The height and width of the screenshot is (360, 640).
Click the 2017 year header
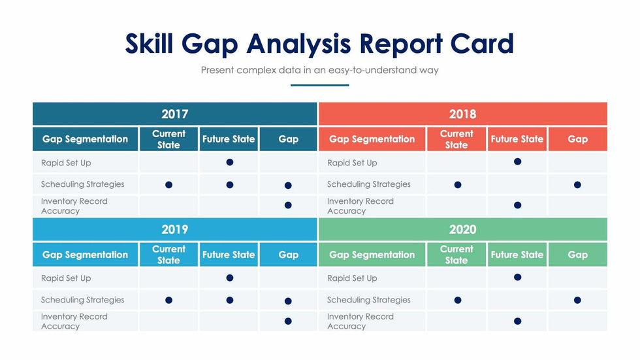click(175, 114)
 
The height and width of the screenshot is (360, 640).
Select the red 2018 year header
click(463, 114)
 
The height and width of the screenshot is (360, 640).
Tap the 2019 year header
click(175, 229)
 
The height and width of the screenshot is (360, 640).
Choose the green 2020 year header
click(463, 229)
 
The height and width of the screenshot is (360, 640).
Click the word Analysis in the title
click(298, 44)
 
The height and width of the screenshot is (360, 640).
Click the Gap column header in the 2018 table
click(577, 139)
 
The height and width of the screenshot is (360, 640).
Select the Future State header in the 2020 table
click(517, 255)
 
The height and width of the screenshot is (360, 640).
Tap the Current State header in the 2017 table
click(168, 139)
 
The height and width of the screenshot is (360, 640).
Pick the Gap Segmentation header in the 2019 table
click(86, 255)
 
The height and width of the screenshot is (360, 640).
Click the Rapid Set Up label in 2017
click(66, 163)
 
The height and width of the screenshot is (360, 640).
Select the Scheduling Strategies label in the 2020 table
click(368, 300)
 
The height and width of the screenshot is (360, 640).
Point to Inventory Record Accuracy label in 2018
click(360, 206)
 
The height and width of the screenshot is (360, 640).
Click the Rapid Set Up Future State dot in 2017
click(230, 163)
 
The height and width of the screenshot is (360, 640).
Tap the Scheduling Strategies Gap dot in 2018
click(577, 185)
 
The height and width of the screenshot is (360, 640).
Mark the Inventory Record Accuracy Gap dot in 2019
click(288, 321)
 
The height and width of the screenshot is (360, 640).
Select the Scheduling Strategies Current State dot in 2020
click(458, 301)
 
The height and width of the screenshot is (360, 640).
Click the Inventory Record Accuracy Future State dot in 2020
click(517, 321)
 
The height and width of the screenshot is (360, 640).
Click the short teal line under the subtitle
click(319, 86)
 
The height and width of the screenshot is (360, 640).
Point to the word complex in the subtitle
click(256, 70)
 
